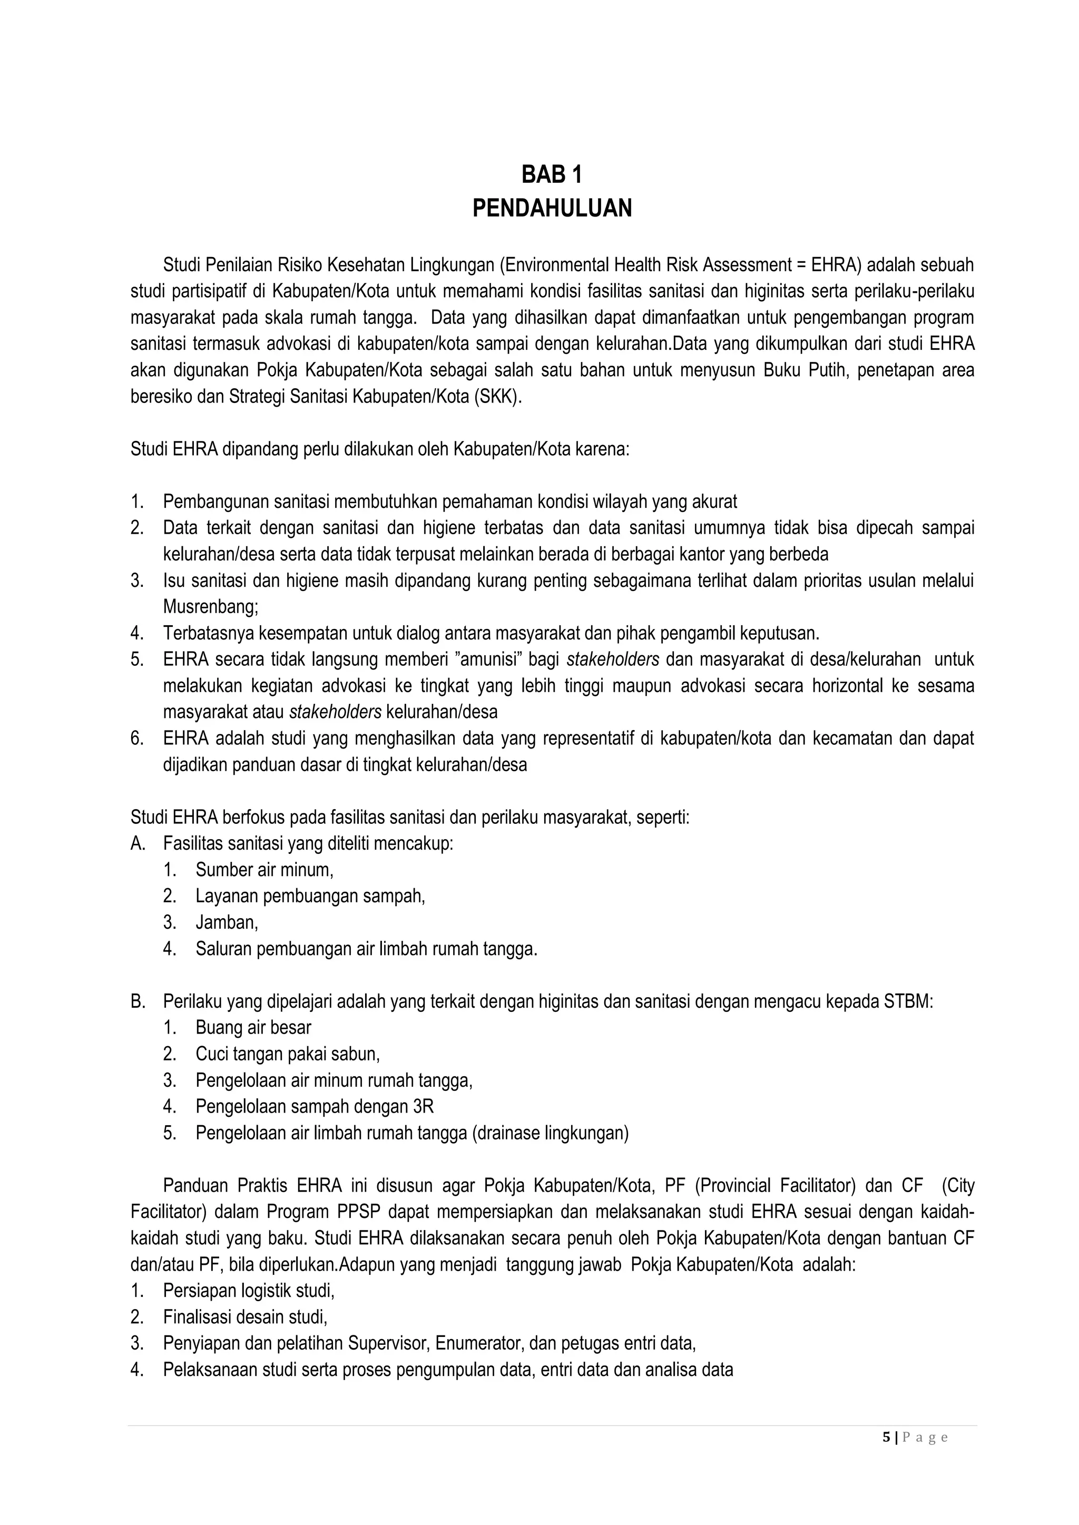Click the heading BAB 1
[x=552, y=175]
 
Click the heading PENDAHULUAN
[x=552, y=209]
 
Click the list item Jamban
[x=226, y=922]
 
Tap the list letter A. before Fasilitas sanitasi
[x=138, y=843]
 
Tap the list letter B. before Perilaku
[x=138, y=1001]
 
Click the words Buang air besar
[x=253, y=1028]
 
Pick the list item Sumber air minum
[x=264, y=870]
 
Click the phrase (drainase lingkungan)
[x=550, y=1133]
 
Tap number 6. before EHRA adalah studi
[x=137, y=738]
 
